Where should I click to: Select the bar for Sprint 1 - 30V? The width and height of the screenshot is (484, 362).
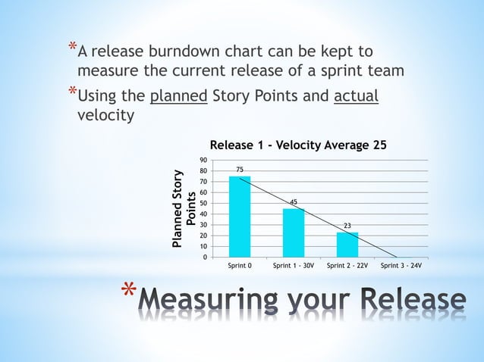294,232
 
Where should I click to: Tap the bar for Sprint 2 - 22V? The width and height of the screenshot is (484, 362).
347,244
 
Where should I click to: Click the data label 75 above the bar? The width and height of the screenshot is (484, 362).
240,169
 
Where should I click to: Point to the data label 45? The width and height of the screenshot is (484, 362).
294,201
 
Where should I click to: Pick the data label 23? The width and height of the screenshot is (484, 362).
347,225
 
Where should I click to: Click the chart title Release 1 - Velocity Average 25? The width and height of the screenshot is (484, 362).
293,145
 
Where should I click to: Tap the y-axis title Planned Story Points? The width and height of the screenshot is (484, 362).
185,209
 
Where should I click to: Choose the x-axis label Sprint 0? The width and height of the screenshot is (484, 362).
240,267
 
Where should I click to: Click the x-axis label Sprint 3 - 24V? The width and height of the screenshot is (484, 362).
401,267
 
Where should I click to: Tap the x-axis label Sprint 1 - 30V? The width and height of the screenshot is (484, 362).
294,267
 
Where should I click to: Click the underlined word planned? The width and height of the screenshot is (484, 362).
179,97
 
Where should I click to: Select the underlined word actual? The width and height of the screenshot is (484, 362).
356,97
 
